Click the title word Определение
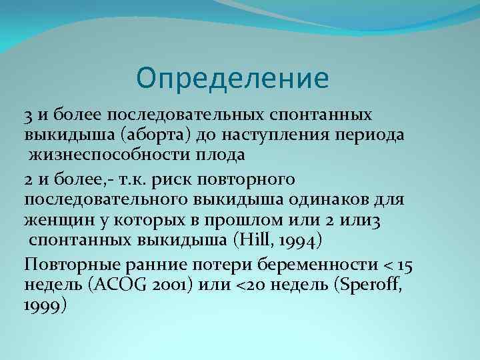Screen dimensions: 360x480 [233, 77]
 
